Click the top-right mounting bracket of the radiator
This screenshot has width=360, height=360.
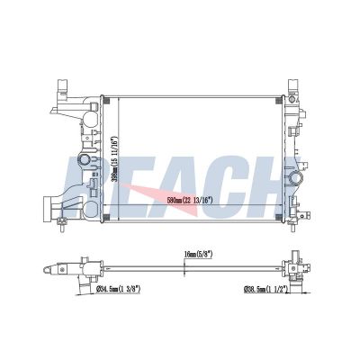tap(292, 87)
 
